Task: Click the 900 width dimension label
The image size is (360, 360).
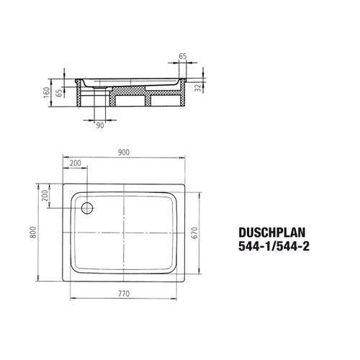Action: click(124, 153)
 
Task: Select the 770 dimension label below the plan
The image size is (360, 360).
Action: click(124, 293)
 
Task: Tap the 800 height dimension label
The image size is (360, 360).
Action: click(33, 233)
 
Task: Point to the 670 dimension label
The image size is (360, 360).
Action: click(195, 233)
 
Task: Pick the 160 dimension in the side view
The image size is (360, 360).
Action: click(47, 92)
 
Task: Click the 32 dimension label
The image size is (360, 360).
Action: click(199, 88)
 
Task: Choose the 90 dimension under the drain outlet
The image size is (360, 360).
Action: click(100, 125)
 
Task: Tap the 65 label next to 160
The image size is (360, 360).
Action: click(59, 93)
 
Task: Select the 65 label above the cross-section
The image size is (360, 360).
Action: click(183, 56)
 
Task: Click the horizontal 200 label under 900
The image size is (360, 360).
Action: click(76, 163)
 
